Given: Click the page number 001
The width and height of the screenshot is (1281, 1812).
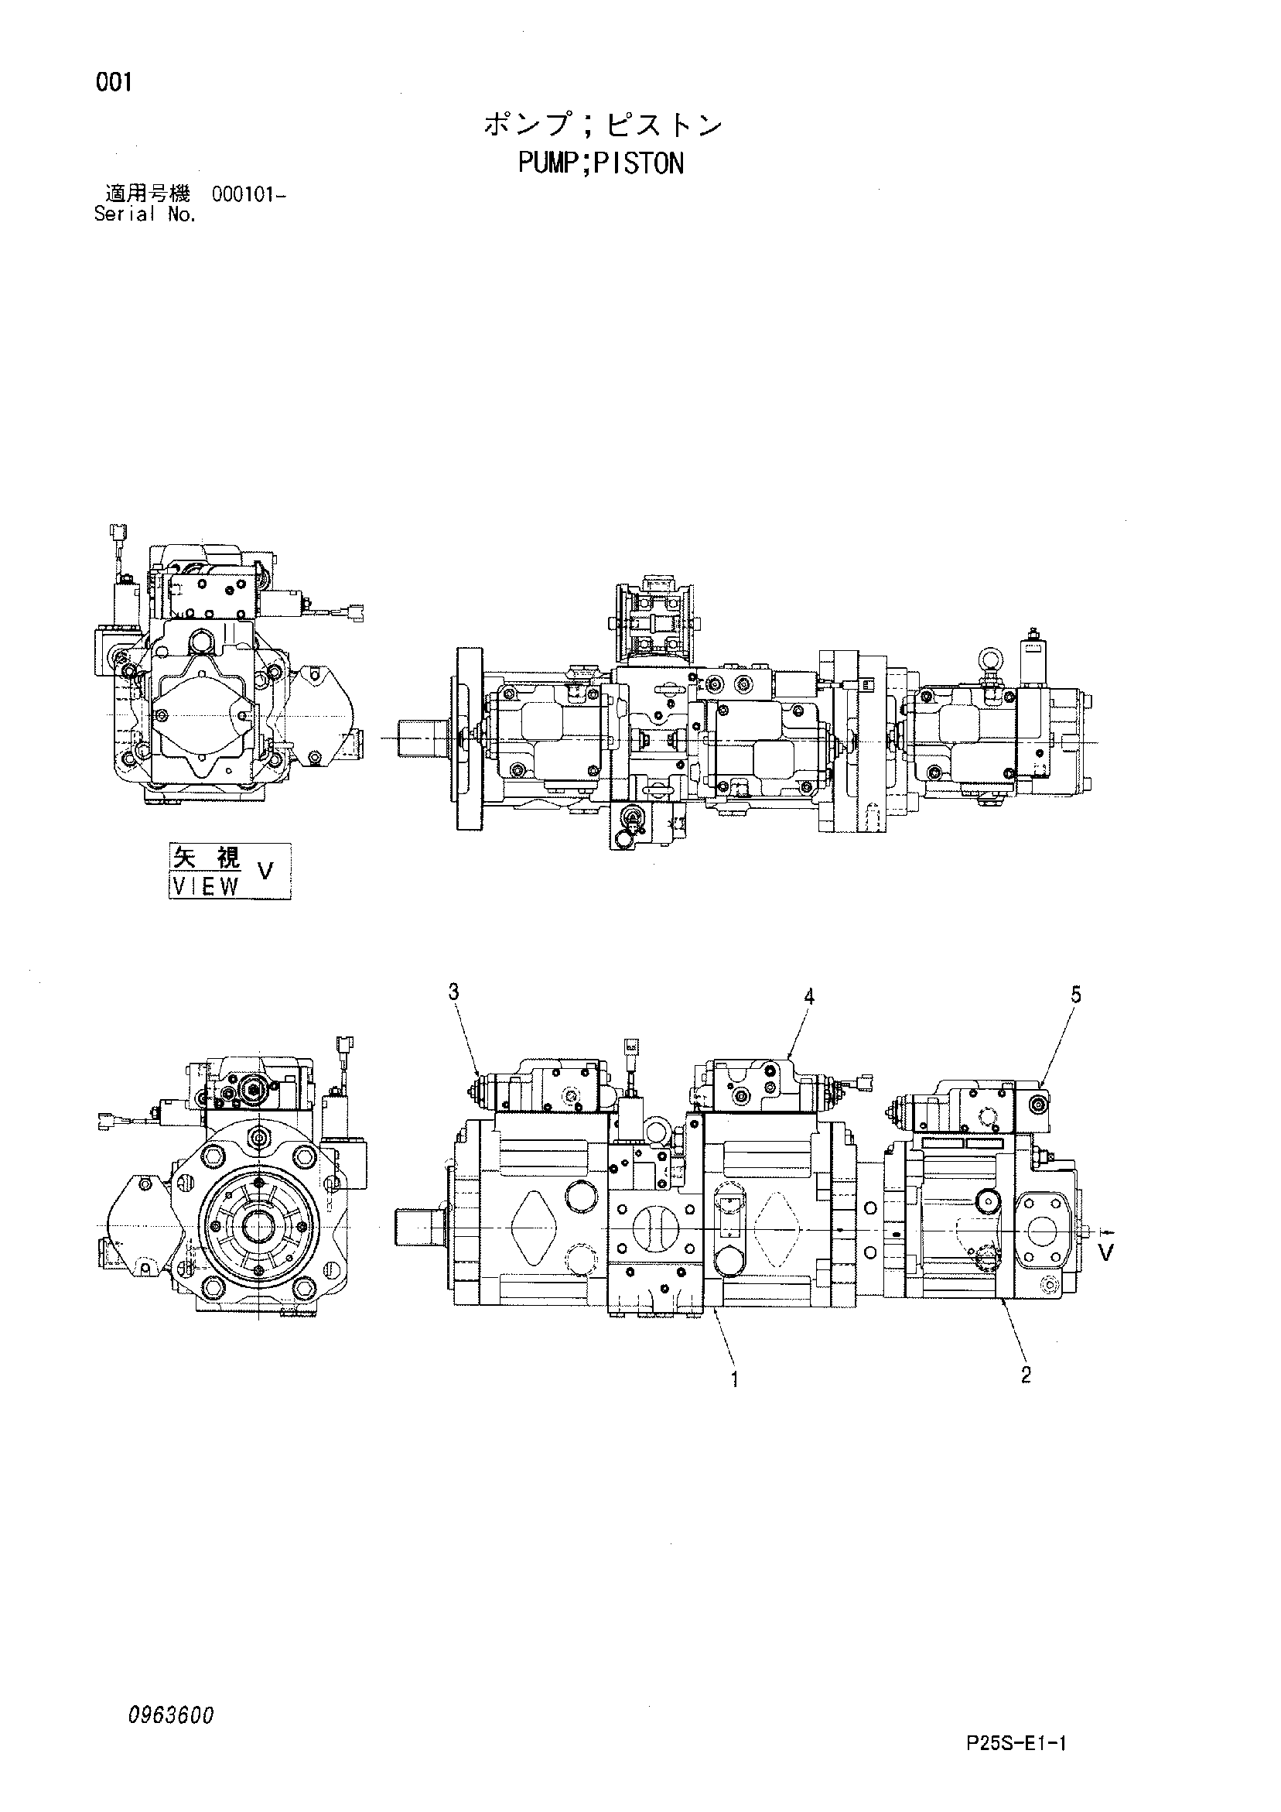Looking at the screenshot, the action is [114, 82].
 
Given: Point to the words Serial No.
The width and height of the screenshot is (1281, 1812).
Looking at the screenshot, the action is [145, 214].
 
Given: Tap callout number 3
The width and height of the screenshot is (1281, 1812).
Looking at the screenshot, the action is [453, 992].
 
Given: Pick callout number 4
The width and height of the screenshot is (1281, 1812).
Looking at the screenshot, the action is [808, 997].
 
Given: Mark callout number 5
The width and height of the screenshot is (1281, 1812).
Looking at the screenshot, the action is [1076, 995].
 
